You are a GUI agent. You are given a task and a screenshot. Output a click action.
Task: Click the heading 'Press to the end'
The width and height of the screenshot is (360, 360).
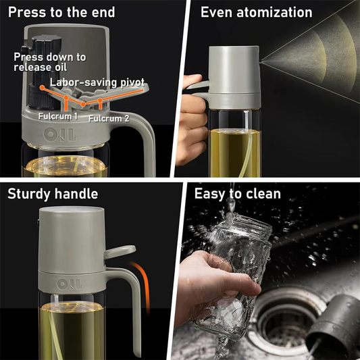pyautogui.click(x=61, y=12)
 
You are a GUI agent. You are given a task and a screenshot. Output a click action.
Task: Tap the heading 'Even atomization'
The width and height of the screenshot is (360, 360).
pyautogui.click(x=257, y=12)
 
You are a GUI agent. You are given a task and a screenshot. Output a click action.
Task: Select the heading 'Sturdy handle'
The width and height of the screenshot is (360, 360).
pyautogui.click(x=53, y=195)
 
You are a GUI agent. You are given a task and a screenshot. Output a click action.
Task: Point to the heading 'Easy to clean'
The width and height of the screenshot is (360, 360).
pyautogui.click(x=238, y=195)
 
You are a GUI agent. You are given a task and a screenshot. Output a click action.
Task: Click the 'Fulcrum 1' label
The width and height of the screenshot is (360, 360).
pyautogui.click(x=58, y=116)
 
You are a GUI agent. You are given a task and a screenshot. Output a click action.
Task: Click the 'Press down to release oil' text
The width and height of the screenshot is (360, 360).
pyautogui.click(x=50, y=62)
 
